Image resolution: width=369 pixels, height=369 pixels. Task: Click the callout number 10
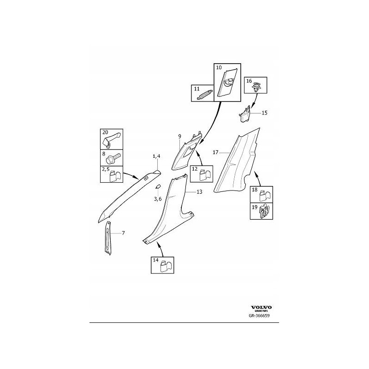219,68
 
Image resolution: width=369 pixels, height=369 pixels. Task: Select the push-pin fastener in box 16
257,86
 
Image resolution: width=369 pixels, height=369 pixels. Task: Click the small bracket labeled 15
246,113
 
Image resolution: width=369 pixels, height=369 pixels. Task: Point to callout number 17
216,152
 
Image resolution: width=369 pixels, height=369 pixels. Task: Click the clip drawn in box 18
263,195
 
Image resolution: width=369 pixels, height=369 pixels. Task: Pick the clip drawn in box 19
264,212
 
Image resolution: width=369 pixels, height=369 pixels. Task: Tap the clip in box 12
205,175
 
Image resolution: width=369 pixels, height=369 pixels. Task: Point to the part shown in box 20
112,138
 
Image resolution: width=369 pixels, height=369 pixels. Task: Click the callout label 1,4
156,157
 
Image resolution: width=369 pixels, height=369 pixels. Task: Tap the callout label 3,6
158,199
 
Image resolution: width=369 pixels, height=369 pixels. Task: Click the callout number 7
123,233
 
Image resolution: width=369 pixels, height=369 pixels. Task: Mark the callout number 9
180,137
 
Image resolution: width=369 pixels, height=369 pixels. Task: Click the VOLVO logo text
262,307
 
